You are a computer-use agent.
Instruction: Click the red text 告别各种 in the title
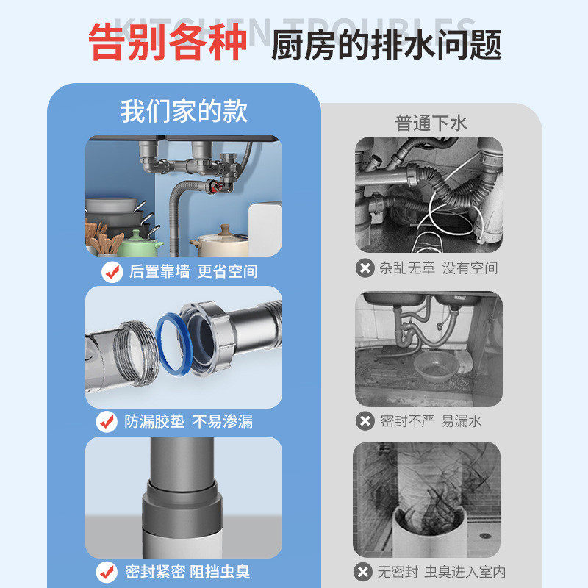click(x=168, y=43)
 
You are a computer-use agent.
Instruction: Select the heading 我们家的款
click(x=184, y=111)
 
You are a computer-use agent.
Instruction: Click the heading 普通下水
click(x=431, y=123)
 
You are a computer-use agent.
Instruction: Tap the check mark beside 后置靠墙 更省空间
click(x=112, y=271)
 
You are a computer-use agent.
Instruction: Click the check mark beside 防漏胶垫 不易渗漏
click(x=107, y=421)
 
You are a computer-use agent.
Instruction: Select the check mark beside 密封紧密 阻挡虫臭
click(x=107, y=571)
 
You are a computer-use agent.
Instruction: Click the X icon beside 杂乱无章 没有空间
click(x=365, y=268)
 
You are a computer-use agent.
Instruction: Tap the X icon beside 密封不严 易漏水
click(x=365, y=421)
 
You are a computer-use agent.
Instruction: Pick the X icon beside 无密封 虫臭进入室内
click(x=362, y=571)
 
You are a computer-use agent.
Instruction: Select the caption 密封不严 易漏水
click(x=431, y=421)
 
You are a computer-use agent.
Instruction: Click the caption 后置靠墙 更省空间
click(x=193, y=271)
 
